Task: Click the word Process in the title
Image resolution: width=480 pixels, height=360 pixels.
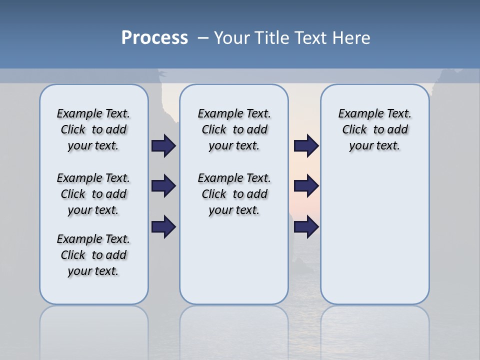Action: pos(154,38)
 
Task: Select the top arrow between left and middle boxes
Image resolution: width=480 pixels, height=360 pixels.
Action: pos(163,146)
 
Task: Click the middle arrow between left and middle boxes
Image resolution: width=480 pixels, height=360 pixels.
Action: pos(163,186)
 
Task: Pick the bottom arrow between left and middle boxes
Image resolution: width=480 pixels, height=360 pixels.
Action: pos(163,227)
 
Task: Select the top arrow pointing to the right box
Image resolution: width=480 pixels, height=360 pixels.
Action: pos(306,146)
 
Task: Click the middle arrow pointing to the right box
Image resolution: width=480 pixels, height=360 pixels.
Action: pos(306,186)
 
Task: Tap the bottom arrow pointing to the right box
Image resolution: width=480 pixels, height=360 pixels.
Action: pos(306,227)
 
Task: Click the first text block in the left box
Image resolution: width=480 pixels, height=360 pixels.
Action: pos(93,129)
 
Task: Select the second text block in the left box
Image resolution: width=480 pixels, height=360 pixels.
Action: pos(93,194)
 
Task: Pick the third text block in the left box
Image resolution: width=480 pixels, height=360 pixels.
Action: pos(93,255)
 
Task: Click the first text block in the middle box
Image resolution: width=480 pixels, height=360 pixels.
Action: pos(234,129)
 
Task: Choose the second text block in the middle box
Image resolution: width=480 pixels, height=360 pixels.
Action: pos(234,194)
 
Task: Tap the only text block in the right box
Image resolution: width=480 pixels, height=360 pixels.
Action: pos(374,129)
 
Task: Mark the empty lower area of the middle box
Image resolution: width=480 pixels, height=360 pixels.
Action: pos(234,260)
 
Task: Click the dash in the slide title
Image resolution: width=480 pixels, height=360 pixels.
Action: pos(203,38)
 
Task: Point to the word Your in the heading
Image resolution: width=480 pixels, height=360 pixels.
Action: pos(232,38)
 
